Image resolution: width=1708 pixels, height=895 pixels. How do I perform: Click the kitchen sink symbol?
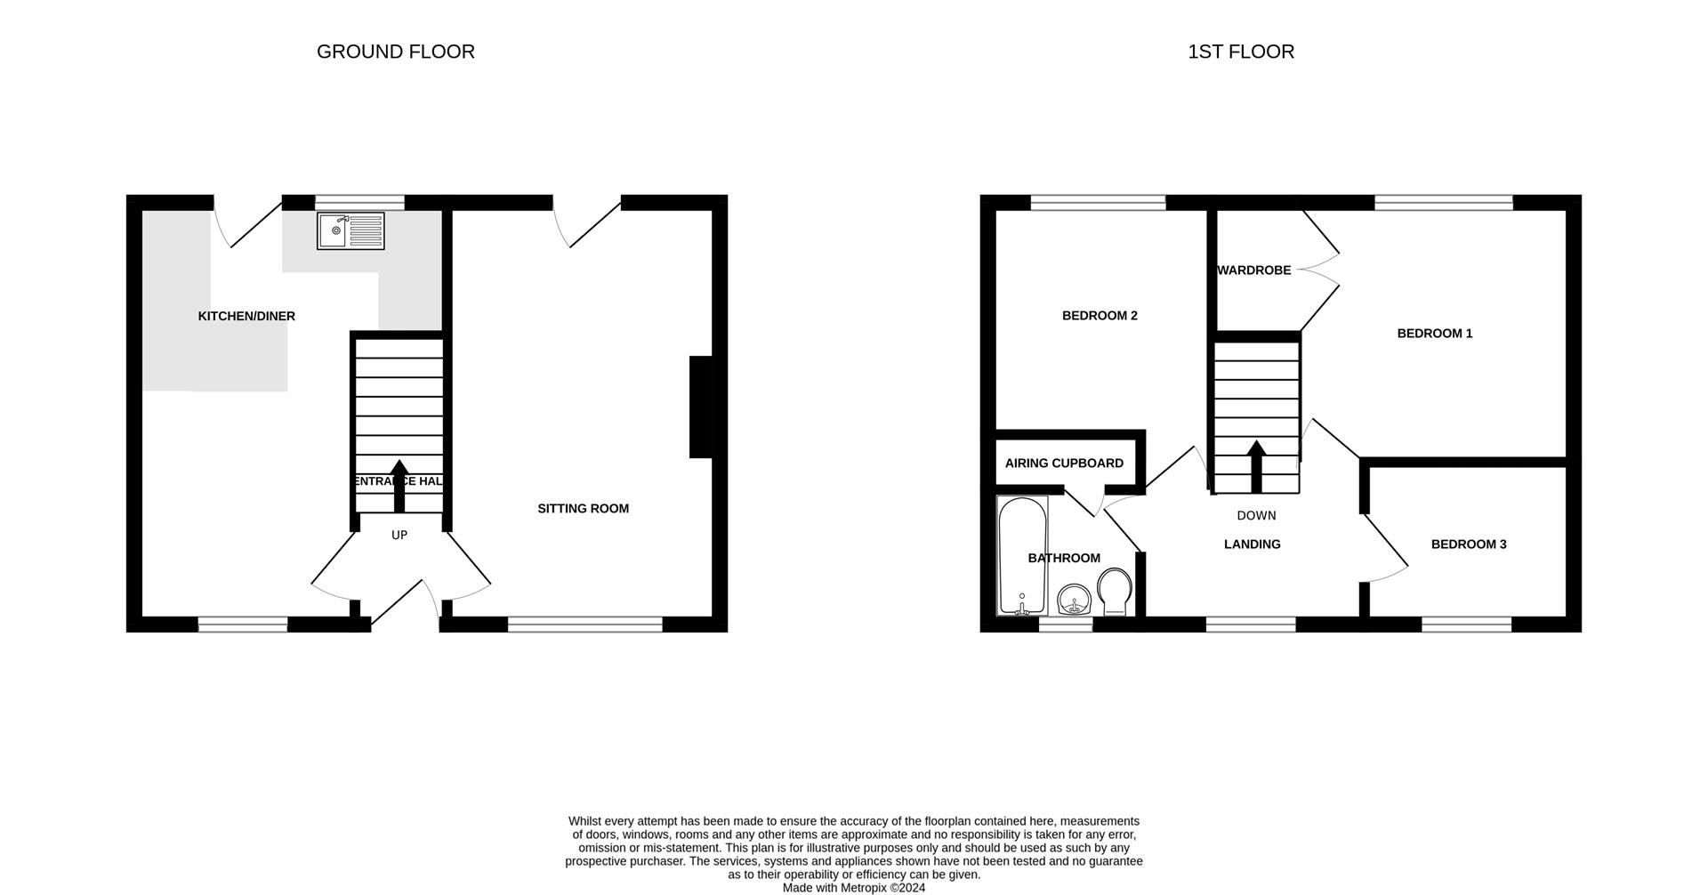pyautogui.click(x=350, y=230)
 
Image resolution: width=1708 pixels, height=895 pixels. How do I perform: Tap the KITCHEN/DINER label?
pyautogui.click(x=246, y=316)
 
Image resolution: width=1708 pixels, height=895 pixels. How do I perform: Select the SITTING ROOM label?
pyautogui.click(x=583, y=508)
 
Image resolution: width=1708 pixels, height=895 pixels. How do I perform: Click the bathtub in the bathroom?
pyautogui.click(x=1022, y=556)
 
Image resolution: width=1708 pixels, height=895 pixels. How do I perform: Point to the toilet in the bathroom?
pyautogui.click(x=1114, y=592)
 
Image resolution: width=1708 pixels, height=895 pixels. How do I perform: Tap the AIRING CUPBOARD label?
pyautogui.click(x=1064, y=463)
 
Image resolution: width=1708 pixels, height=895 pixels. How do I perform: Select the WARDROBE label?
pyautogui.click(x=1254, y=270)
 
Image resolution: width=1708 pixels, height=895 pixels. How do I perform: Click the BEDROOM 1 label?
pyautogui.click(x=1434, y=334)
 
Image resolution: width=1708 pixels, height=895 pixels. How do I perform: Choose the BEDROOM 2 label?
pyautogui.click(x=1100, y=315)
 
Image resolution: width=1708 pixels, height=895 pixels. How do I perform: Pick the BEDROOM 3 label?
pyautogui.click(x=1468, y=544)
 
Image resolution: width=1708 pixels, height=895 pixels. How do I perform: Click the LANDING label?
pyautogui.click(x=1252, y=544)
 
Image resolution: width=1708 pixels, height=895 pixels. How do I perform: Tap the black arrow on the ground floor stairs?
pyautogui.click(x=399, y=485)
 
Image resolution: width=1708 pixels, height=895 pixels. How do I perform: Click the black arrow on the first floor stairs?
pyautogui.click(x=1256, y=466)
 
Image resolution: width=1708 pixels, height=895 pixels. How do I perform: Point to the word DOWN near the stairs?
pyautogui.click(x=1256, y=515)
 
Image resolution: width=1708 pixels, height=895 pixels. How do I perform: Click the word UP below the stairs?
pyautogui.click(x=399, y=535)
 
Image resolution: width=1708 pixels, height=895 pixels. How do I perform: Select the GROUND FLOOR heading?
pyautogui.click(x=395, y=52)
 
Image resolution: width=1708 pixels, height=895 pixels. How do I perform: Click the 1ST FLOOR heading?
pyautogui.click(x=1240, y=52)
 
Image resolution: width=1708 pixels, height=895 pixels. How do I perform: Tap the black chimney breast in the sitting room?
pyautogui.click(x=701, y=407)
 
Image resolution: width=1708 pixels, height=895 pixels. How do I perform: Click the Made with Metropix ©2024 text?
pyautogui.click(x=853, y=887)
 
